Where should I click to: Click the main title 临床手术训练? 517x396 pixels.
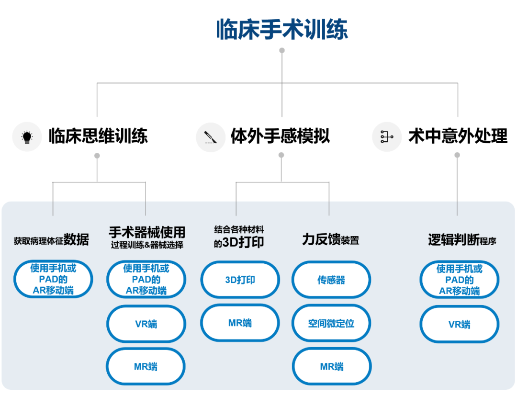click(x=282, y=29)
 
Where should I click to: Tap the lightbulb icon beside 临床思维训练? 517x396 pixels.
click(x=27, y=137)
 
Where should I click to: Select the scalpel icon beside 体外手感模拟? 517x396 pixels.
click(x=211, y=137)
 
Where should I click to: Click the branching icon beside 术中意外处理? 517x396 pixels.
click(x=386, y=137)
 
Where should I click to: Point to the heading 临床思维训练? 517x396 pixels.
click(x=98, y=136)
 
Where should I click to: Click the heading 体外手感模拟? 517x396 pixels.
click(x=281, y=136)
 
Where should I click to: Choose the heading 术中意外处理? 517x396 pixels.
click(x=458, y=136)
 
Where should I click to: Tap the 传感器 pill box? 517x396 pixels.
click(x=331, y=280)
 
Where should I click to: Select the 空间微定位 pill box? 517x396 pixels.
click(x=331, y=323)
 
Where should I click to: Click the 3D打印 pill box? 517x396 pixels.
click(x=240, y=280)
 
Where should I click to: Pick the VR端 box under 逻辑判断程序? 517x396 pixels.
click(x=459, y=324)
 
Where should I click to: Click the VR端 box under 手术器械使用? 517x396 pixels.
click(x=146, y=324)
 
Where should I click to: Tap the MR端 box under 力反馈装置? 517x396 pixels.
click(x=331, y=367)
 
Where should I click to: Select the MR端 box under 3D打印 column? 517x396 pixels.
click(x=240, y=323)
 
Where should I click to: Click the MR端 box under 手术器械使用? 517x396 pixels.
click(x=146, y=367)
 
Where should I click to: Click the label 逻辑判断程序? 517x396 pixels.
click(x=461, y=240)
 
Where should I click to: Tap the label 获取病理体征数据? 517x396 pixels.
click(x=51, y=240)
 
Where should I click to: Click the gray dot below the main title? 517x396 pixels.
click(x=282, y=50)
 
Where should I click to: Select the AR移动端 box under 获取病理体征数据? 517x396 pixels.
click(x=53, y=279)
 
